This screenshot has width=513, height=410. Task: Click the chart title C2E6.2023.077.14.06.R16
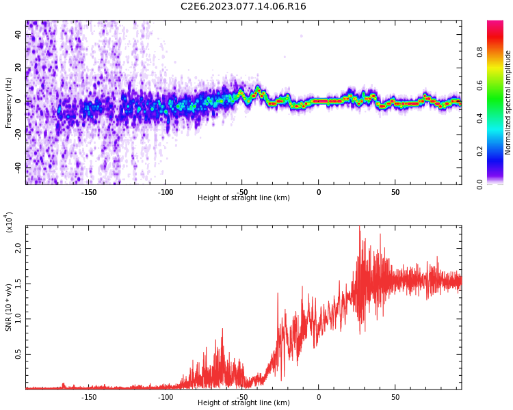[243, 7]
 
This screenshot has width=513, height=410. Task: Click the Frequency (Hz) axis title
[9, 102]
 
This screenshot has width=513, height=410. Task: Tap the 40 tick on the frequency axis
[18, 34]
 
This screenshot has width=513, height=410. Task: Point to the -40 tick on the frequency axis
[18, 167]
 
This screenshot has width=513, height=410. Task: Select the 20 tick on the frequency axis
[18, 68]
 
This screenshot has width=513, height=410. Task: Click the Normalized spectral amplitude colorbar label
[508, 102]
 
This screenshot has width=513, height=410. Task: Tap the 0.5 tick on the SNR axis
[18, 354]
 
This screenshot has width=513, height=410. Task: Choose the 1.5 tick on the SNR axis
[18, 284]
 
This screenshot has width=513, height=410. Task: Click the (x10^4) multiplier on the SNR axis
[9, 223]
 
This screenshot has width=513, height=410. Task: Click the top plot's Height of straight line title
[244, 198]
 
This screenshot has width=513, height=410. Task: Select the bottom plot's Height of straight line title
[244, 403]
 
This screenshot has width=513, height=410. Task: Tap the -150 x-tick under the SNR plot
[89, 397]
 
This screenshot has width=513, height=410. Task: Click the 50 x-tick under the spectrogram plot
[395, 192]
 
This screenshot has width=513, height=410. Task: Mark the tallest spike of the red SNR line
[360, 229]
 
